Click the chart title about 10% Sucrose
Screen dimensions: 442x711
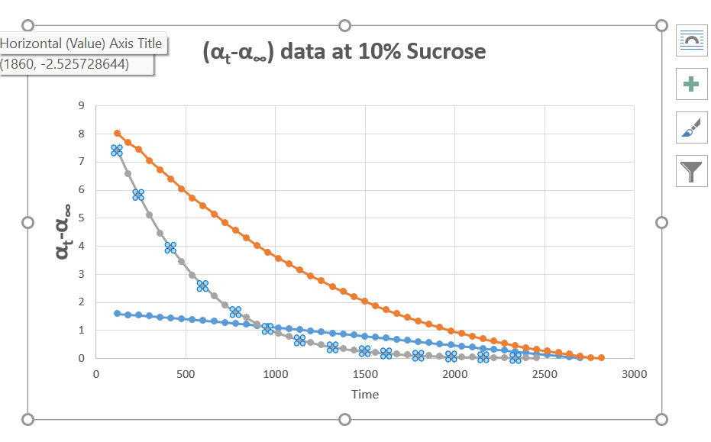[344, 52]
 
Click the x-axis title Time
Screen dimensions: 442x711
[365, 394]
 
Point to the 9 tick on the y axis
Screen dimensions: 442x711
[80, 106]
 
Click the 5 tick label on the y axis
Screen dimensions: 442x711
[80, 218]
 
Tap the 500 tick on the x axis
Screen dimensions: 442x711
[186, 374]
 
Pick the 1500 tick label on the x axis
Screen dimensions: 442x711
[365, 374]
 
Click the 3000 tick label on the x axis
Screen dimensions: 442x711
[635, 374]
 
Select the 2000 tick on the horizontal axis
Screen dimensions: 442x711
[455, 374]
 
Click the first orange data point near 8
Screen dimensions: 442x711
[118, 134]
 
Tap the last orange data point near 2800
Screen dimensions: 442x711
[601, 357]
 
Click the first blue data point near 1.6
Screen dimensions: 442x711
[117, 313]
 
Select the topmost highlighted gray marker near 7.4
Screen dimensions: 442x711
[117, 150]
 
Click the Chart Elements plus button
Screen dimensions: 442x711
[690, 84]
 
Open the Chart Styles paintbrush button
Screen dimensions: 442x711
[690, 127]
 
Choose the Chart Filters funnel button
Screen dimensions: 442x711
[690, 171]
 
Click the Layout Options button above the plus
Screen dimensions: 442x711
[690, 40]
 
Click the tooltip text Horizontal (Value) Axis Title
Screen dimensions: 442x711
[81, 44]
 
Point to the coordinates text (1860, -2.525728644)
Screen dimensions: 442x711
[65, 64]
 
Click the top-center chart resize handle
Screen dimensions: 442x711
[344, 25]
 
